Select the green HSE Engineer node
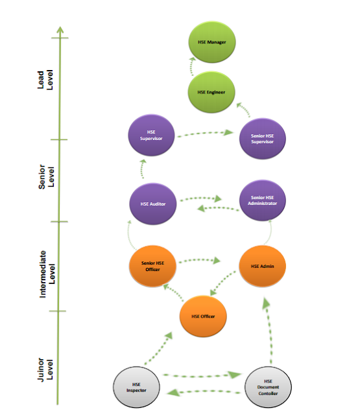point(211,91)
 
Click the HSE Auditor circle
point(152,204)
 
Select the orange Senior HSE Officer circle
point(152,267)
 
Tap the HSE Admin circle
point(262,267)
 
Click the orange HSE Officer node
point(203,316)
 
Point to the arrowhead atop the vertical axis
point(60,30)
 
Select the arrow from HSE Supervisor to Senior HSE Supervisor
point(206,134)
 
